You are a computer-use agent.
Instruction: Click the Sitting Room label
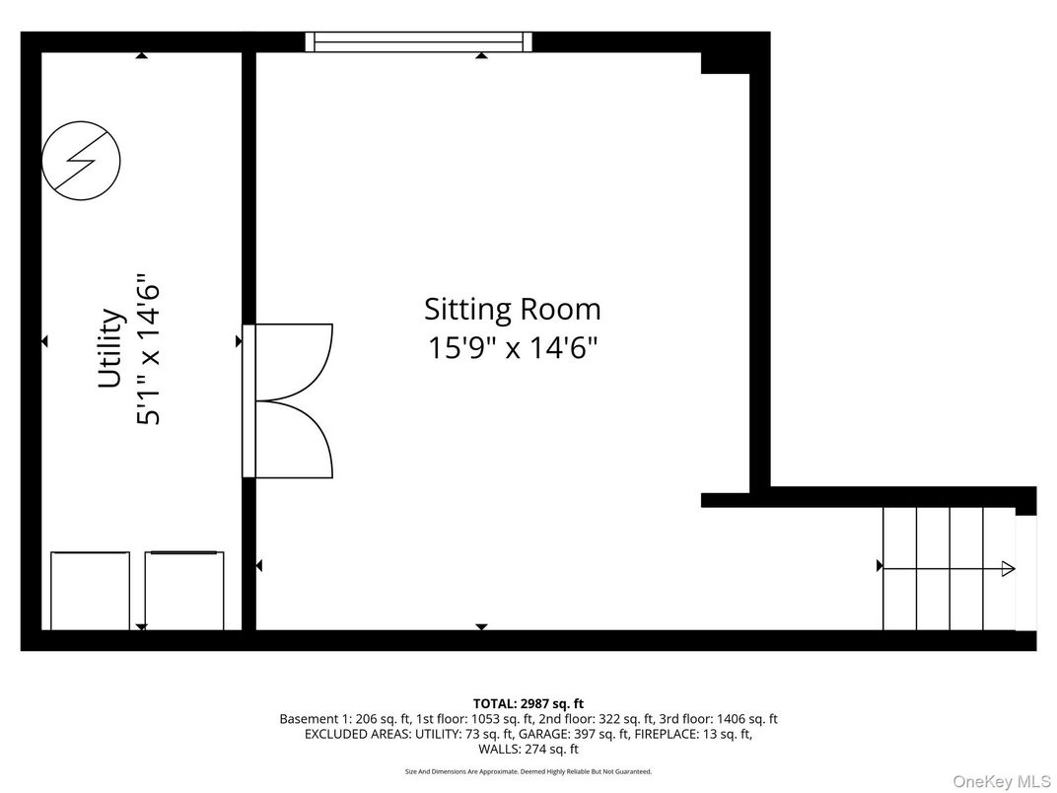coord(512,309)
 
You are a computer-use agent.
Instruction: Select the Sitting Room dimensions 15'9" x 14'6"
coord(512,348)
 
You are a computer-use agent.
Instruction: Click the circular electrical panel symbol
coord(81,160)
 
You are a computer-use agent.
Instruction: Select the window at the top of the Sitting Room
coord(418,41)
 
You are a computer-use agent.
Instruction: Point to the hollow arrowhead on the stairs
coord(1008,568)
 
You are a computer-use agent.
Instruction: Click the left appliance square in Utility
coord(90,590)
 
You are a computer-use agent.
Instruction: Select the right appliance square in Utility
coord(184,590)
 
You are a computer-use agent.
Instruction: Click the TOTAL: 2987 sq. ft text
coord(528,703)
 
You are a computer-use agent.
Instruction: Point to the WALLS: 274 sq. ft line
coord(528,750)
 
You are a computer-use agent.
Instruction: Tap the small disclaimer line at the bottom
coord(528,771)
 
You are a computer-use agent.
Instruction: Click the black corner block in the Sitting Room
coord(725,61)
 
